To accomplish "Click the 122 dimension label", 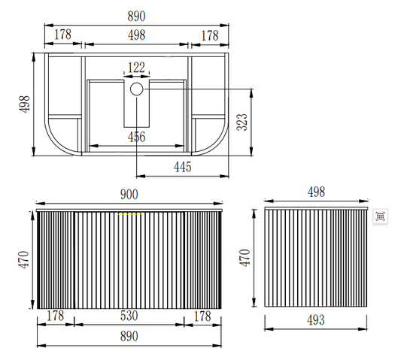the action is point(136,68).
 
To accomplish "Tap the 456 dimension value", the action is point(137,137).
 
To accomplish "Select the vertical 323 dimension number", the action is point(242,122).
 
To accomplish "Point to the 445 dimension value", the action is point(183,167).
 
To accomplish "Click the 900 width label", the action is point(129,195).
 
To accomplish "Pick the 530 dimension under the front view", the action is point(129,316).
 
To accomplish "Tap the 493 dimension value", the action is point(316,320).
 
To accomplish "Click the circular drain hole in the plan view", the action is point(137,89).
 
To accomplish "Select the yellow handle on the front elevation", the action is point(129,213).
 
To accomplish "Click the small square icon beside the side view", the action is point(380,216).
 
